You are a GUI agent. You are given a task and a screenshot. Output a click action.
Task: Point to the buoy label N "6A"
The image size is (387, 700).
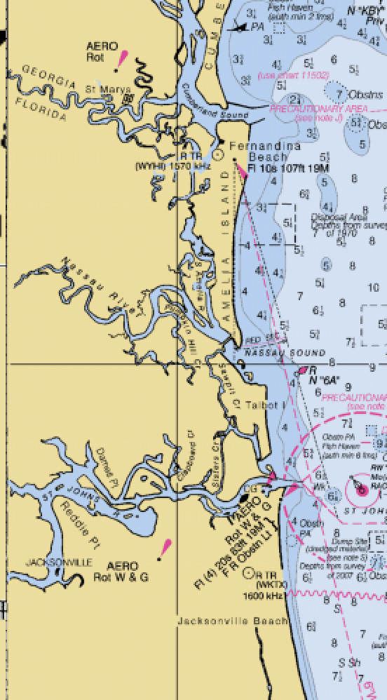click(x=324, y=380)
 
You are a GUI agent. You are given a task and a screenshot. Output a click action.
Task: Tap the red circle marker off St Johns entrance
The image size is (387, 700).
click(x=361, y=490)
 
